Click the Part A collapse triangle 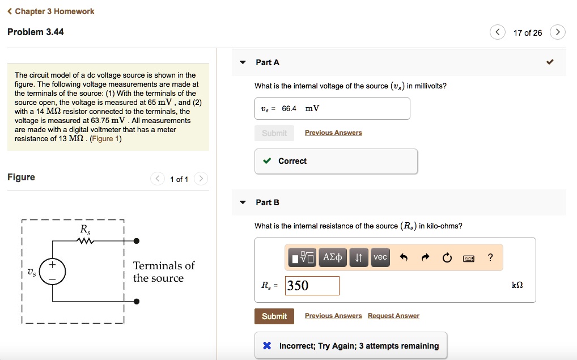click(x=243, y=62)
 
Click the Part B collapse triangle click(x=243, y=202)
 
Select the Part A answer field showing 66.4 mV click(x=332, y=109)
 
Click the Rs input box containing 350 click(x=312, y=286)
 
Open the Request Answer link click(x=393, y=316)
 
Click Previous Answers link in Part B click(x=333, y=316)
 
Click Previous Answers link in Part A click(x=333, y=133)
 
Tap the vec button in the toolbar click(x=380, y=257)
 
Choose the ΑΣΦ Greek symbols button click(x=332, y=257)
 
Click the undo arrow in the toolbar click(x=404, y=258)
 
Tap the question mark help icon click(x=490, y=258)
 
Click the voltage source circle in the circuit click(x=52, y=271)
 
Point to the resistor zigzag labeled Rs click(x=84, y=241)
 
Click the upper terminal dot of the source click(x=136, y=241)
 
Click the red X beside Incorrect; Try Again click(x=267, y=346)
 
